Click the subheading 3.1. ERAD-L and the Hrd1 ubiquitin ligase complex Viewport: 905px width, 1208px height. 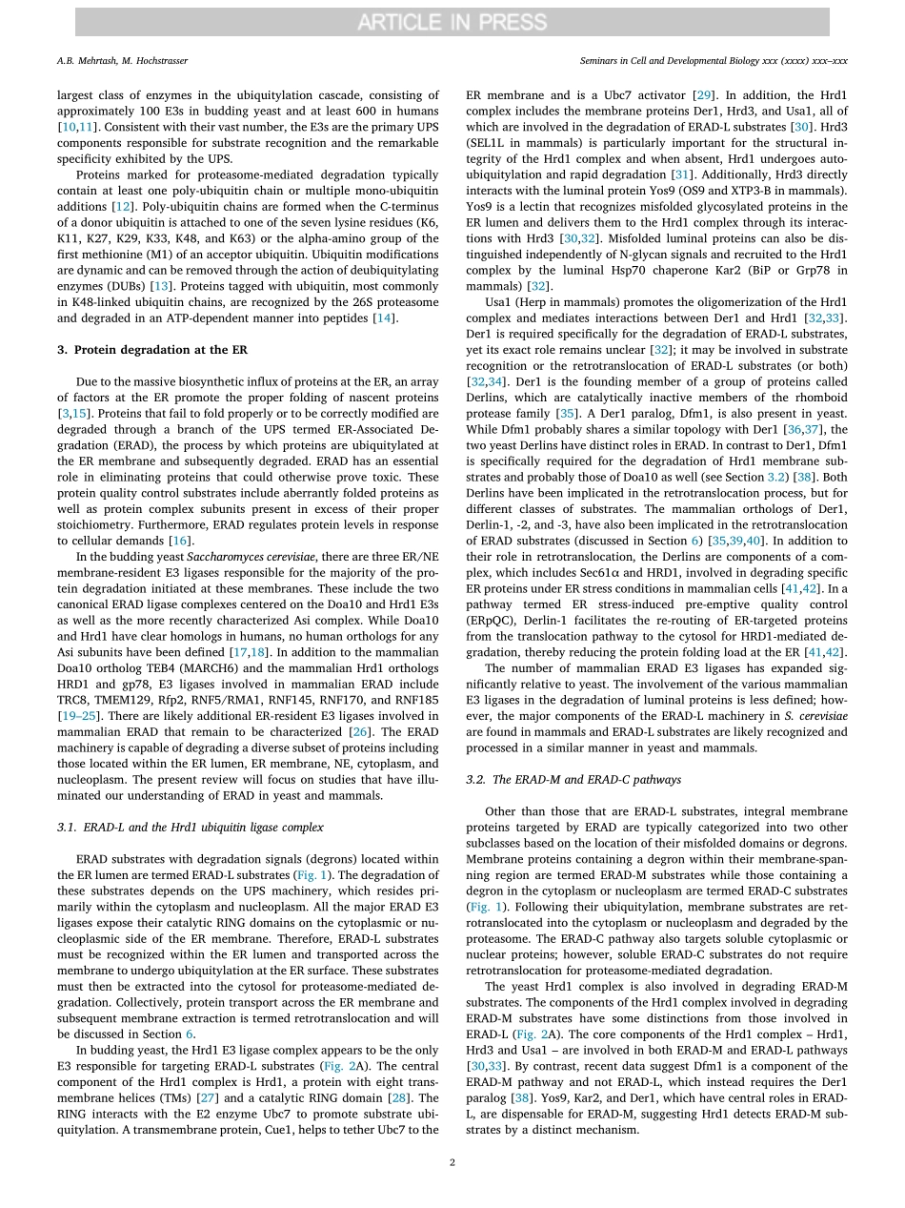tap(190, 827)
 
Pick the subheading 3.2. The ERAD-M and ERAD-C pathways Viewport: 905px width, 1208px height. tap(573, 779)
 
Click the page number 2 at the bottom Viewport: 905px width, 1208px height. tap(452, 1162)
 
